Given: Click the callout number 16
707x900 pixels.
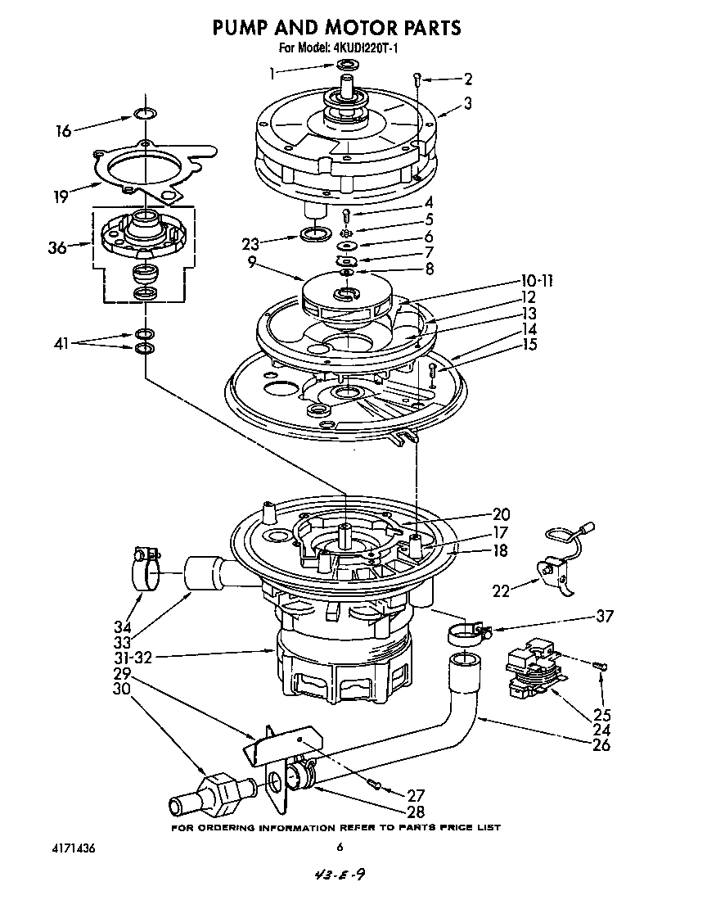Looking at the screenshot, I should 62,129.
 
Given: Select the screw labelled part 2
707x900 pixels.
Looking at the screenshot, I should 417,79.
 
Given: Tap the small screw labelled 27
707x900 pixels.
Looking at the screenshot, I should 376,785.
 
